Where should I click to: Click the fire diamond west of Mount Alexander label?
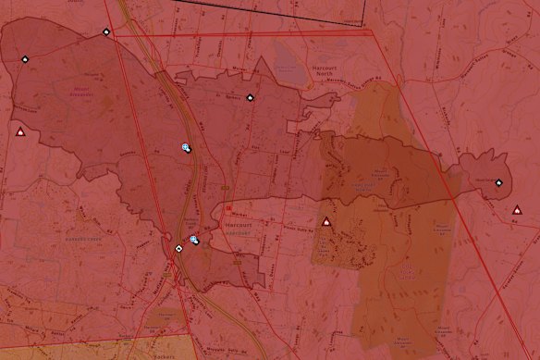click(24, 59)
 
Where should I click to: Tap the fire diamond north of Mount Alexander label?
click(107, 32)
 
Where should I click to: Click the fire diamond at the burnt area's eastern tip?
click(498, 182)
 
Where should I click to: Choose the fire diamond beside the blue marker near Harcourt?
click(178, 248)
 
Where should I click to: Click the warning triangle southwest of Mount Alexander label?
click(19, 132)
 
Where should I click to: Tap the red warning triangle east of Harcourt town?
click(325, 222)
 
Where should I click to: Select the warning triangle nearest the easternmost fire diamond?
click(519, 210)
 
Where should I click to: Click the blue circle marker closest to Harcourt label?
click(194, 241)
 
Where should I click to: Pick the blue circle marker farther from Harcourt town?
click(187, 147)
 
